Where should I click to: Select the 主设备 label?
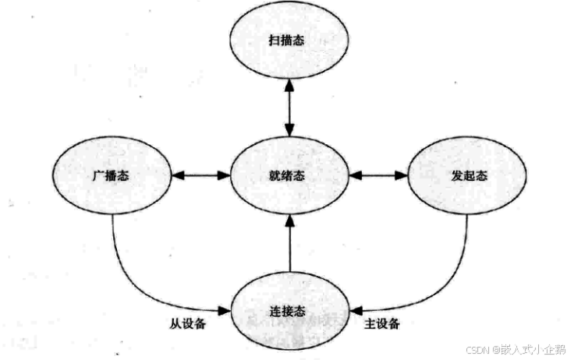[x=382, y=323]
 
